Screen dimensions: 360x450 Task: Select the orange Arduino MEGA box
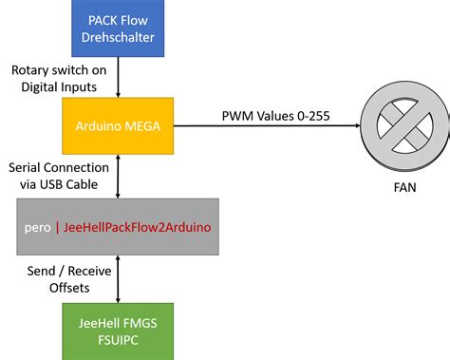coord(118,124)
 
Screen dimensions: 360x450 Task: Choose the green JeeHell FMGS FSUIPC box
coord(118,328)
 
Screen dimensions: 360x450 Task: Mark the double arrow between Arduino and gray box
coord(118,177)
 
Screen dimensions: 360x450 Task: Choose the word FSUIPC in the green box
coord(118,337)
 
